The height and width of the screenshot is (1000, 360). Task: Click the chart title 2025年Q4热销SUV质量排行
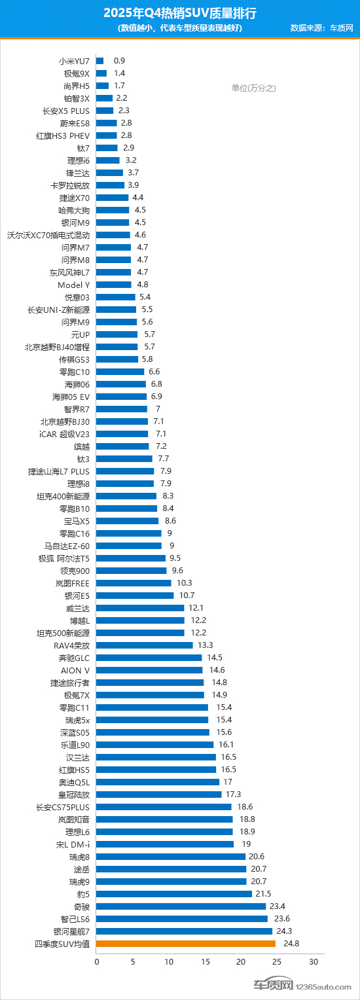coord(180,12)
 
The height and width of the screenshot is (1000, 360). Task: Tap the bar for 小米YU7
coord(100,61)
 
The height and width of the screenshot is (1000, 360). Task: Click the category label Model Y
coord(74,285)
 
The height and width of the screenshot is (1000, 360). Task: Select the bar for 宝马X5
coord(128,521)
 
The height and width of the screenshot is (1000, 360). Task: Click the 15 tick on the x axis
coord(205,962)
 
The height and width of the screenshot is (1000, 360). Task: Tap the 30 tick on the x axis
coord(314,962)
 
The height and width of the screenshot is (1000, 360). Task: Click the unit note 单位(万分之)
coord(254,88)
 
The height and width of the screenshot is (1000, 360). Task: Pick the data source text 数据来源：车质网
coord(321,28)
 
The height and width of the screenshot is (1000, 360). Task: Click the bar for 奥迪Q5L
coord(158,782)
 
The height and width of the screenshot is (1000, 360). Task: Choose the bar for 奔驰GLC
coord(149,658)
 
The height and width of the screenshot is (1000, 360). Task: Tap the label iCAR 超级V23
coord(64,434)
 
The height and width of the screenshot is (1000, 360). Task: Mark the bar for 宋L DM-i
coord(165,844)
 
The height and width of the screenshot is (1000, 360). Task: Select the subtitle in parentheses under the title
coord(180,28)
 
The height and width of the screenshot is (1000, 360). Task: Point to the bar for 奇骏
coord(181,906)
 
